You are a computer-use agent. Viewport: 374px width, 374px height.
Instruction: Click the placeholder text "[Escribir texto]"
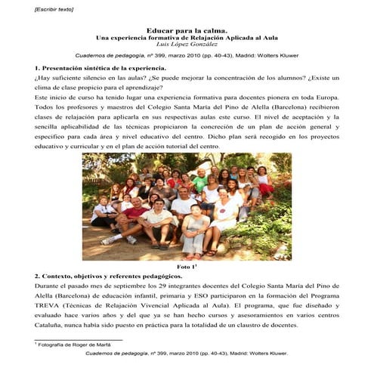point(32,9)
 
